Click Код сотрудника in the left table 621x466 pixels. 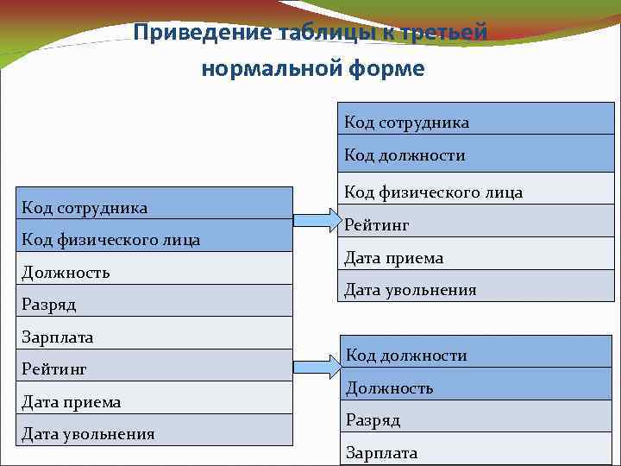coord(85,207)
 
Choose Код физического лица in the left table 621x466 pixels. coord(110,240)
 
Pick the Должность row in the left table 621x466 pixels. coord(66,273)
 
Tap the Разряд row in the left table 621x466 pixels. coord(49,305)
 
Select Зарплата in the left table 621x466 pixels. coord(58,337)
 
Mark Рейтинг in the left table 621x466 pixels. coord(54,369)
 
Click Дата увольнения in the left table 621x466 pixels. coord(88,434)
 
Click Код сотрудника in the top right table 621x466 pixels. coord(407,123)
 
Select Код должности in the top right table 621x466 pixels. coord(405,155)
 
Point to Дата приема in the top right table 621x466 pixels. coord(393,257)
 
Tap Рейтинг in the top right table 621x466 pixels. coord(377,225)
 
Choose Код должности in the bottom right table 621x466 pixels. coord(406,356)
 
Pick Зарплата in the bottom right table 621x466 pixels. coord(381,452)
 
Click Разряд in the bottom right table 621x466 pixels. coord(373,420)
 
